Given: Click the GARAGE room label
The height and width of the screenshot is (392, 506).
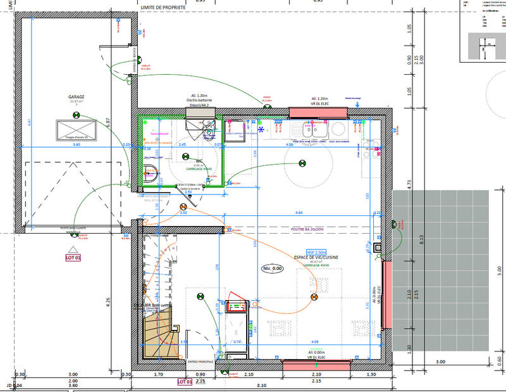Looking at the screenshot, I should pos(77,97).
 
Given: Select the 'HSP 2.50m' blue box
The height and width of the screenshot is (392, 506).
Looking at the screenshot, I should pos(316,252).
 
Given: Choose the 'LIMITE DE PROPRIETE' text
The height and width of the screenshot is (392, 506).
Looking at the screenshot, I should pos(163,7).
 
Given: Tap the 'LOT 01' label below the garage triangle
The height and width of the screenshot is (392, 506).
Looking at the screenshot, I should pos(74,258).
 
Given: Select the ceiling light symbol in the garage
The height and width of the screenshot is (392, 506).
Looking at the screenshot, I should pos(77,115).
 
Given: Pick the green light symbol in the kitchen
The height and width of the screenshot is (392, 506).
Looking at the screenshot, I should pos(302,164).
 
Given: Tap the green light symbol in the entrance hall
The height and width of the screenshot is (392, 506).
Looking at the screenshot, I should pos(201,296).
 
